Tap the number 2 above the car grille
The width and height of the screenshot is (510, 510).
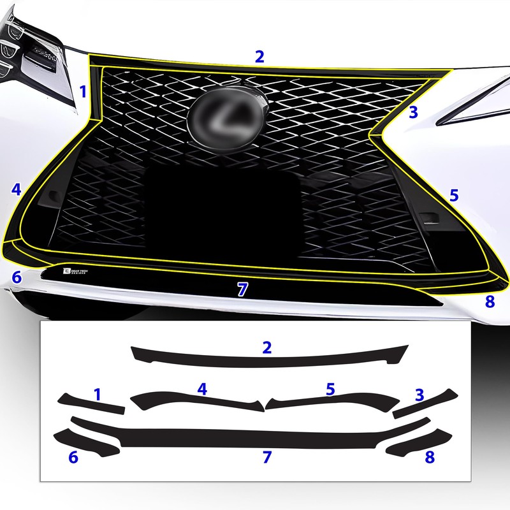click(259, 56)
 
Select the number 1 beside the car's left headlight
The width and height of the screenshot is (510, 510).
click(82, 91)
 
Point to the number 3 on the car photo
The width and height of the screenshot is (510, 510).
click(413, 113)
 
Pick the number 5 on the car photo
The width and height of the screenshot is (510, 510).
click(453, 195)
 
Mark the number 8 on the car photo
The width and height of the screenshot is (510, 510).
click(490, 302)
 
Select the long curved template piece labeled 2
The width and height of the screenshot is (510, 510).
click(268, 357)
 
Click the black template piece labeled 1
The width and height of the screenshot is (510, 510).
click(89, 404)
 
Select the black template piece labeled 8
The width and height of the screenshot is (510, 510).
click(421, 441)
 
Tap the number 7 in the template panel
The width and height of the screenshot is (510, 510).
click(266, 456)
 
